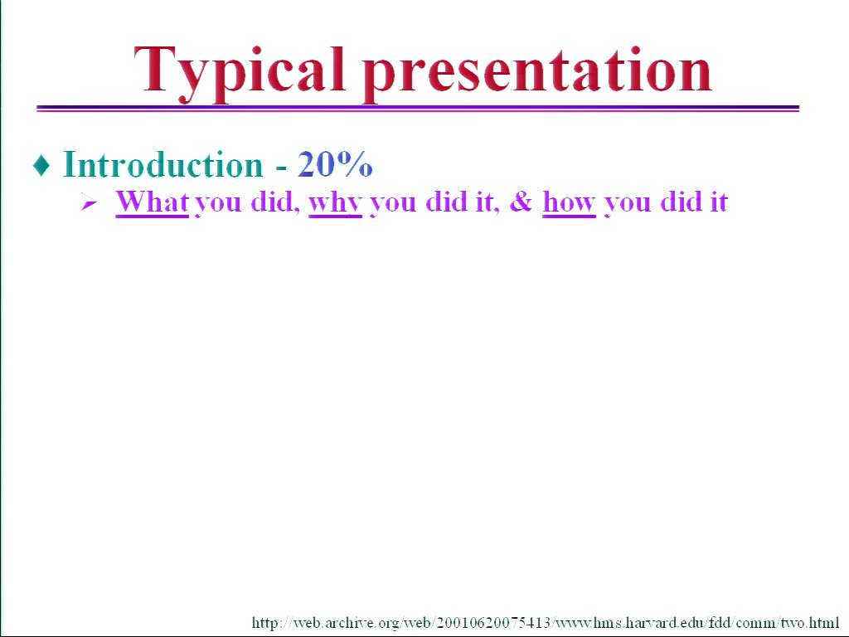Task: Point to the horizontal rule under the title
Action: click(x=418, y=109)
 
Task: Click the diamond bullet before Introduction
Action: click(x=41, y=165)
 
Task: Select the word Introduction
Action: click(x=163, y=164)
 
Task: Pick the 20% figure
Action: click(x=335, y=163)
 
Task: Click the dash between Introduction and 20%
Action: click(x=281, y=168)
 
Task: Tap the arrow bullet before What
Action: click(x=90, y=203)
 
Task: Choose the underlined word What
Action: click(x=153, y=202)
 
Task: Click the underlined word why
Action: click(x=335, y=203)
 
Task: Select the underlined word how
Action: click(x=569, y=202)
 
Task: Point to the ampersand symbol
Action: click(x=521, y=202)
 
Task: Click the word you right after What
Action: click(x=218, y=205)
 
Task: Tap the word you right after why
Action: click(x=393, y=205)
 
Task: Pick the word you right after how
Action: click(x=628, y=205)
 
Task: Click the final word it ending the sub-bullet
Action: click(x=719, y=202)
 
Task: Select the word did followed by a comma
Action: click(x=272, y=202)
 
